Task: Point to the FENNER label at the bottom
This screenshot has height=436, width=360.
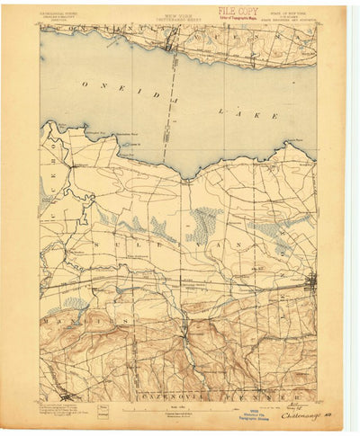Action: [x=270, y=395]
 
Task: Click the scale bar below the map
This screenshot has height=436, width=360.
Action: [x=180, y=410]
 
